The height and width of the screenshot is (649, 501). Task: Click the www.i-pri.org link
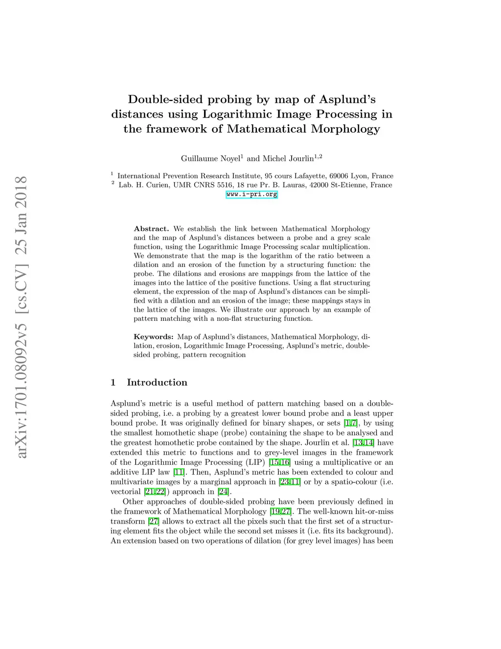point(251,194)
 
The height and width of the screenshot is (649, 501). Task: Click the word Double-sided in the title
point(165,99)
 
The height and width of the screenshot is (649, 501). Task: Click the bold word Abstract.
point(151,229)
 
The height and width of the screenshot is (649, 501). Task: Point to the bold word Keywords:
point(153,337)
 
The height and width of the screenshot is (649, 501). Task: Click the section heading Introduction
point(157,383)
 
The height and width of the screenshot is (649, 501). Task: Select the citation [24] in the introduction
point(223,492)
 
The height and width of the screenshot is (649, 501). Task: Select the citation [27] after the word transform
point(154,521)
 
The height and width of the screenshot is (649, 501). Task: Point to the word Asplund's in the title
point(347,99)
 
